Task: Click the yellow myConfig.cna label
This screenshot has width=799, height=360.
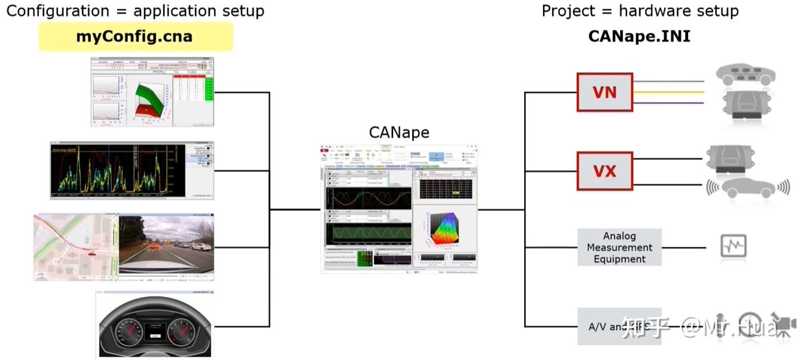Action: tap(135, 37)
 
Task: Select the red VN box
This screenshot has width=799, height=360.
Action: tap(605, 92)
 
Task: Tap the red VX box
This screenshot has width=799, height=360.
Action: tap(605, 171)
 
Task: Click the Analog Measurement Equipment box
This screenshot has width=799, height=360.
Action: tap(619, 247)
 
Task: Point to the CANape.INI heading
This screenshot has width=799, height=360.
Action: tap(639, 37)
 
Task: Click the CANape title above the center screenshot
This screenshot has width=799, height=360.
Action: tap(399, 133)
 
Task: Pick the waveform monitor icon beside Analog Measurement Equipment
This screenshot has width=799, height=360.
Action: tap(733, 246)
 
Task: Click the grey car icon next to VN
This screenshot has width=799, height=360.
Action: tap(746, 74)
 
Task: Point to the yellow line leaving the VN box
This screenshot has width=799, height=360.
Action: tap(668, 92)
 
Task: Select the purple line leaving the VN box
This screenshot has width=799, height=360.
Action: tap(668, 102)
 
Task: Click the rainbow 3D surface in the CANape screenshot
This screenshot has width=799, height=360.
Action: tap(445, 231)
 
